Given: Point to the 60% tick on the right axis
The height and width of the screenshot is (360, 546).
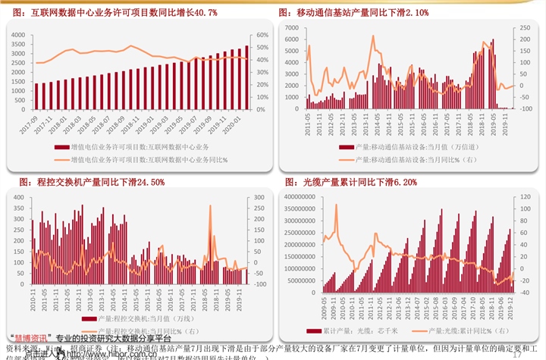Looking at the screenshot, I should click(262, 35).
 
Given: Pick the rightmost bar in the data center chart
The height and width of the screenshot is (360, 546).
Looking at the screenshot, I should click(246, 65).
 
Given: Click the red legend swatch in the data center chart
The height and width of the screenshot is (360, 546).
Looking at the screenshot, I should click(60, 146).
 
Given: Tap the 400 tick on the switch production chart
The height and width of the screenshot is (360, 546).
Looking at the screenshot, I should click(20, 196).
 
